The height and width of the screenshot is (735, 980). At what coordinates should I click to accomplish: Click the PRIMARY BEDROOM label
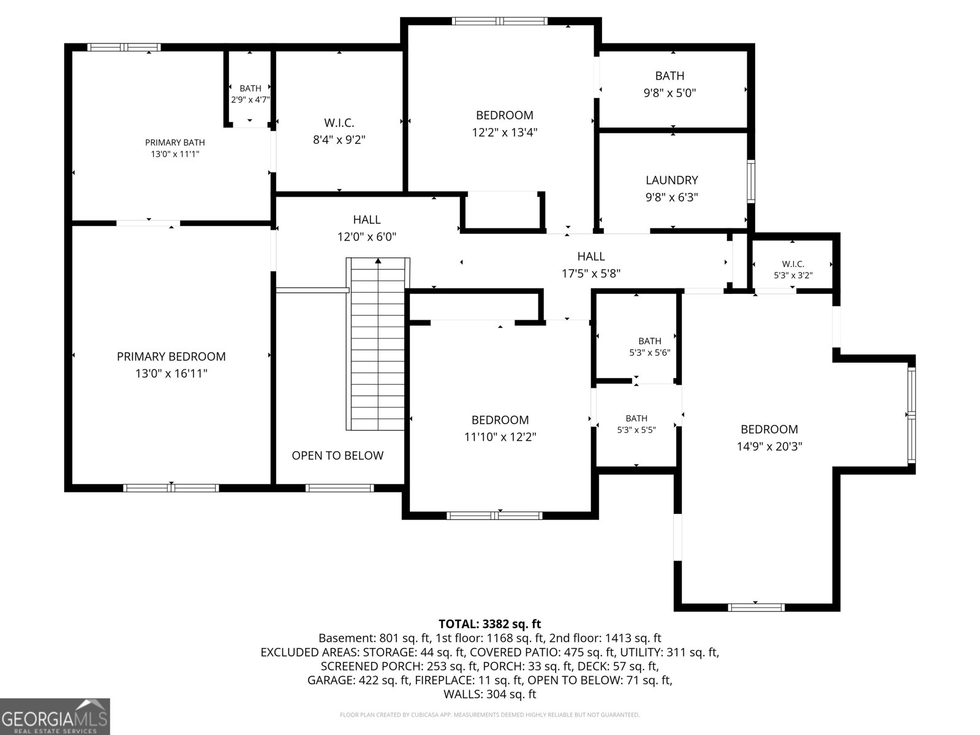tap(171, 356)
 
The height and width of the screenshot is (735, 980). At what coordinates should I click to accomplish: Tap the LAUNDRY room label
tap(671, 180)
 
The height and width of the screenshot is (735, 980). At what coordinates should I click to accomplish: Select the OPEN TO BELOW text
tap(337, 456)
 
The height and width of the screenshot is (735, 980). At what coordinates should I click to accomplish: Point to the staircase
tap(378, 344)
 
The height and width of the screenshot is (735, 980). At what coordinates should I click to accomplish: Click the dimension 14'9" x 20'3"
tap(769, 447)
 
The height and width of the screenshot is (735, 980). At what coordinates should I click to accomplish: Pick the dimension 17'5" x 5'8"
tap(591, 274)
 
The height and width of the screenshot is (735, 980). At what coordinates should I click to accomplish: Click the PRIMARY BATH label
tap(175, 143)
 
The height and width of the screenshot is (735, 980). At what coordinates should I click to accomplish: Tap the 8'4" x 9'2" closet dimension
tap(339, 140)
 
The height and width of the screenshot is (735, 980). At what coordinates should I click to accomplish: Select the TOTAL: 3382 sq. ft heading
tap(490, 624)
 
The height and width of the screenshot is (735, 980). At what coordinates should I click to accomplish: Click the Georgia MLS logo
tap(55, 716)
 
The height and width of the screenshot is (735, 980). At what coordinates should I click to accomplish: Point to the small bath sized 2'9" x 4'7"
tap(250, 89)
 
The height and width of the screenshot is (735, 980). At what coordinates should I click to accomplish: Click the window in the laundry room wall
tap(751, 182)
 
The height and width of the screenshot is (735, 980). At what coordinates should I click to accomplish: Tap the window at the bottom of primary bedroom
tap(171, 488)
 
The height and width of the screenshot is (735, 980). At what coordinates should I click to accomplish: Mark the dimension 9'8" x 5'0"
tap(669, 93)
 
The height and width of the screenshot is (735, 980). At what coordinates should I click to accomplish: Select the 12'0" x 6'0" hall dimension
tap(367, 236)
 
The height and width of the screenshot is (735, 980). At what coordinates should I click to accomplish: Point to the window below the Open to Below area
tap(339, 488)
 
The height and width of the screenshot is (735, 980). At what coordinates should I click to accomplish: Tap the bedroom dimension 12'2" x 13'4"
tap(505, 132)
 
